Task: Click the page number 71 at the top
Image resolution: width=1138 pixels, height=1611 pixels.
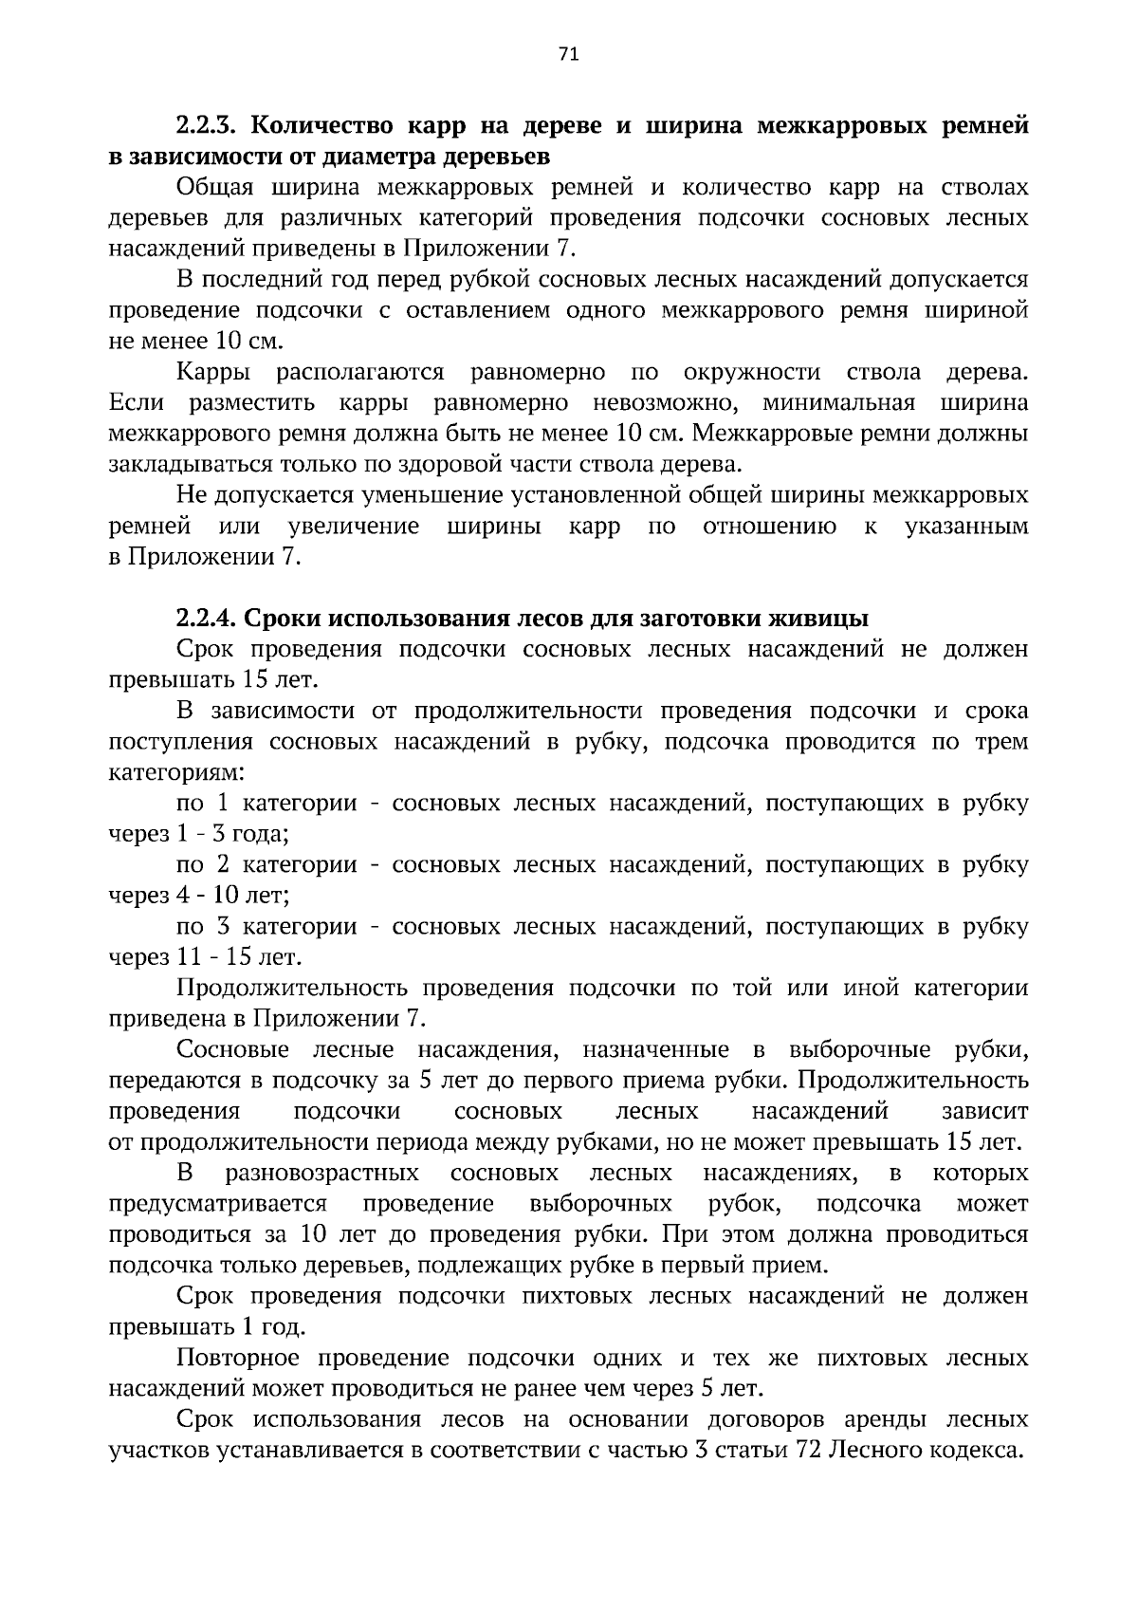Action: point(569,54)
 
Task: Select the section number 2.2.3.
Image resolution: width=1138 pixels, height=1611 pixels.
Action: point(211,125)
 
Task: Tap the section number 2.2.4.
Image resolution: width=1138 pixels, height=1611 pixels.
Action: point(211,619)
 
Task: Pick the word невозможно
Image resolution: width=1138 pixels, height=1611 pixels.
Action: point(665,403)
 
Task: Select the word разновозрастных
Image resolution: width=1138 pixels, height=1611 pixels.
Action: point(321,1174)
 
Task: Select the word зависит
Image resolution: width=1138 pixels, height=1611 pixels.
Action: point(984,1111)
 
